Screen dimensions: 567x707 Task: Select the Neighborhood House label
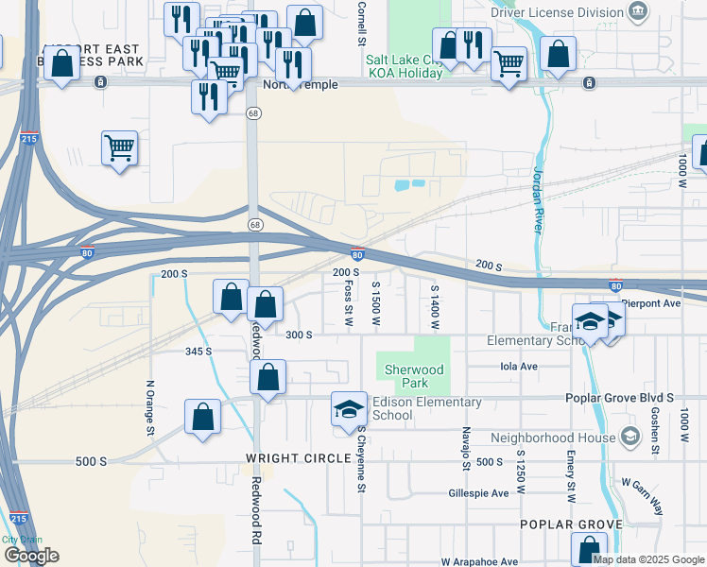pyautogui.click(x=553, y=438)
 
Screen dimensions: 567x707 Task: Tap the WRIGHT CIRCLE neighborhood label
pyautogui.click(x=284, y=458)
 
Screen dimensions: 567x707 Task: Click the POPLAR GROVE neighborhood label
pyautogui.click(x=571, y=524)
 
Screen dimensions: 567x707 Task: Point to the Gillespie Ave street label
pyautogui.click(x=478, y=493)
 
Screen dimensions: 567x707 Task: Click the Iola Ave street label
pyautogui.click(x=518, y=366)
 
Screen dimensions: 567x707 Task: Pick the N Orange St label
pyautogui.click(x=149, y=407)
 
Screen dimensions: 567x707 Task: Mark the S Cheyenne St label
pyautogui.click(x=361, y=459)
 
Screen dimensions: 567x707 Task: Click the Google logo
pyautogui.click(x=31, y=556)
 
